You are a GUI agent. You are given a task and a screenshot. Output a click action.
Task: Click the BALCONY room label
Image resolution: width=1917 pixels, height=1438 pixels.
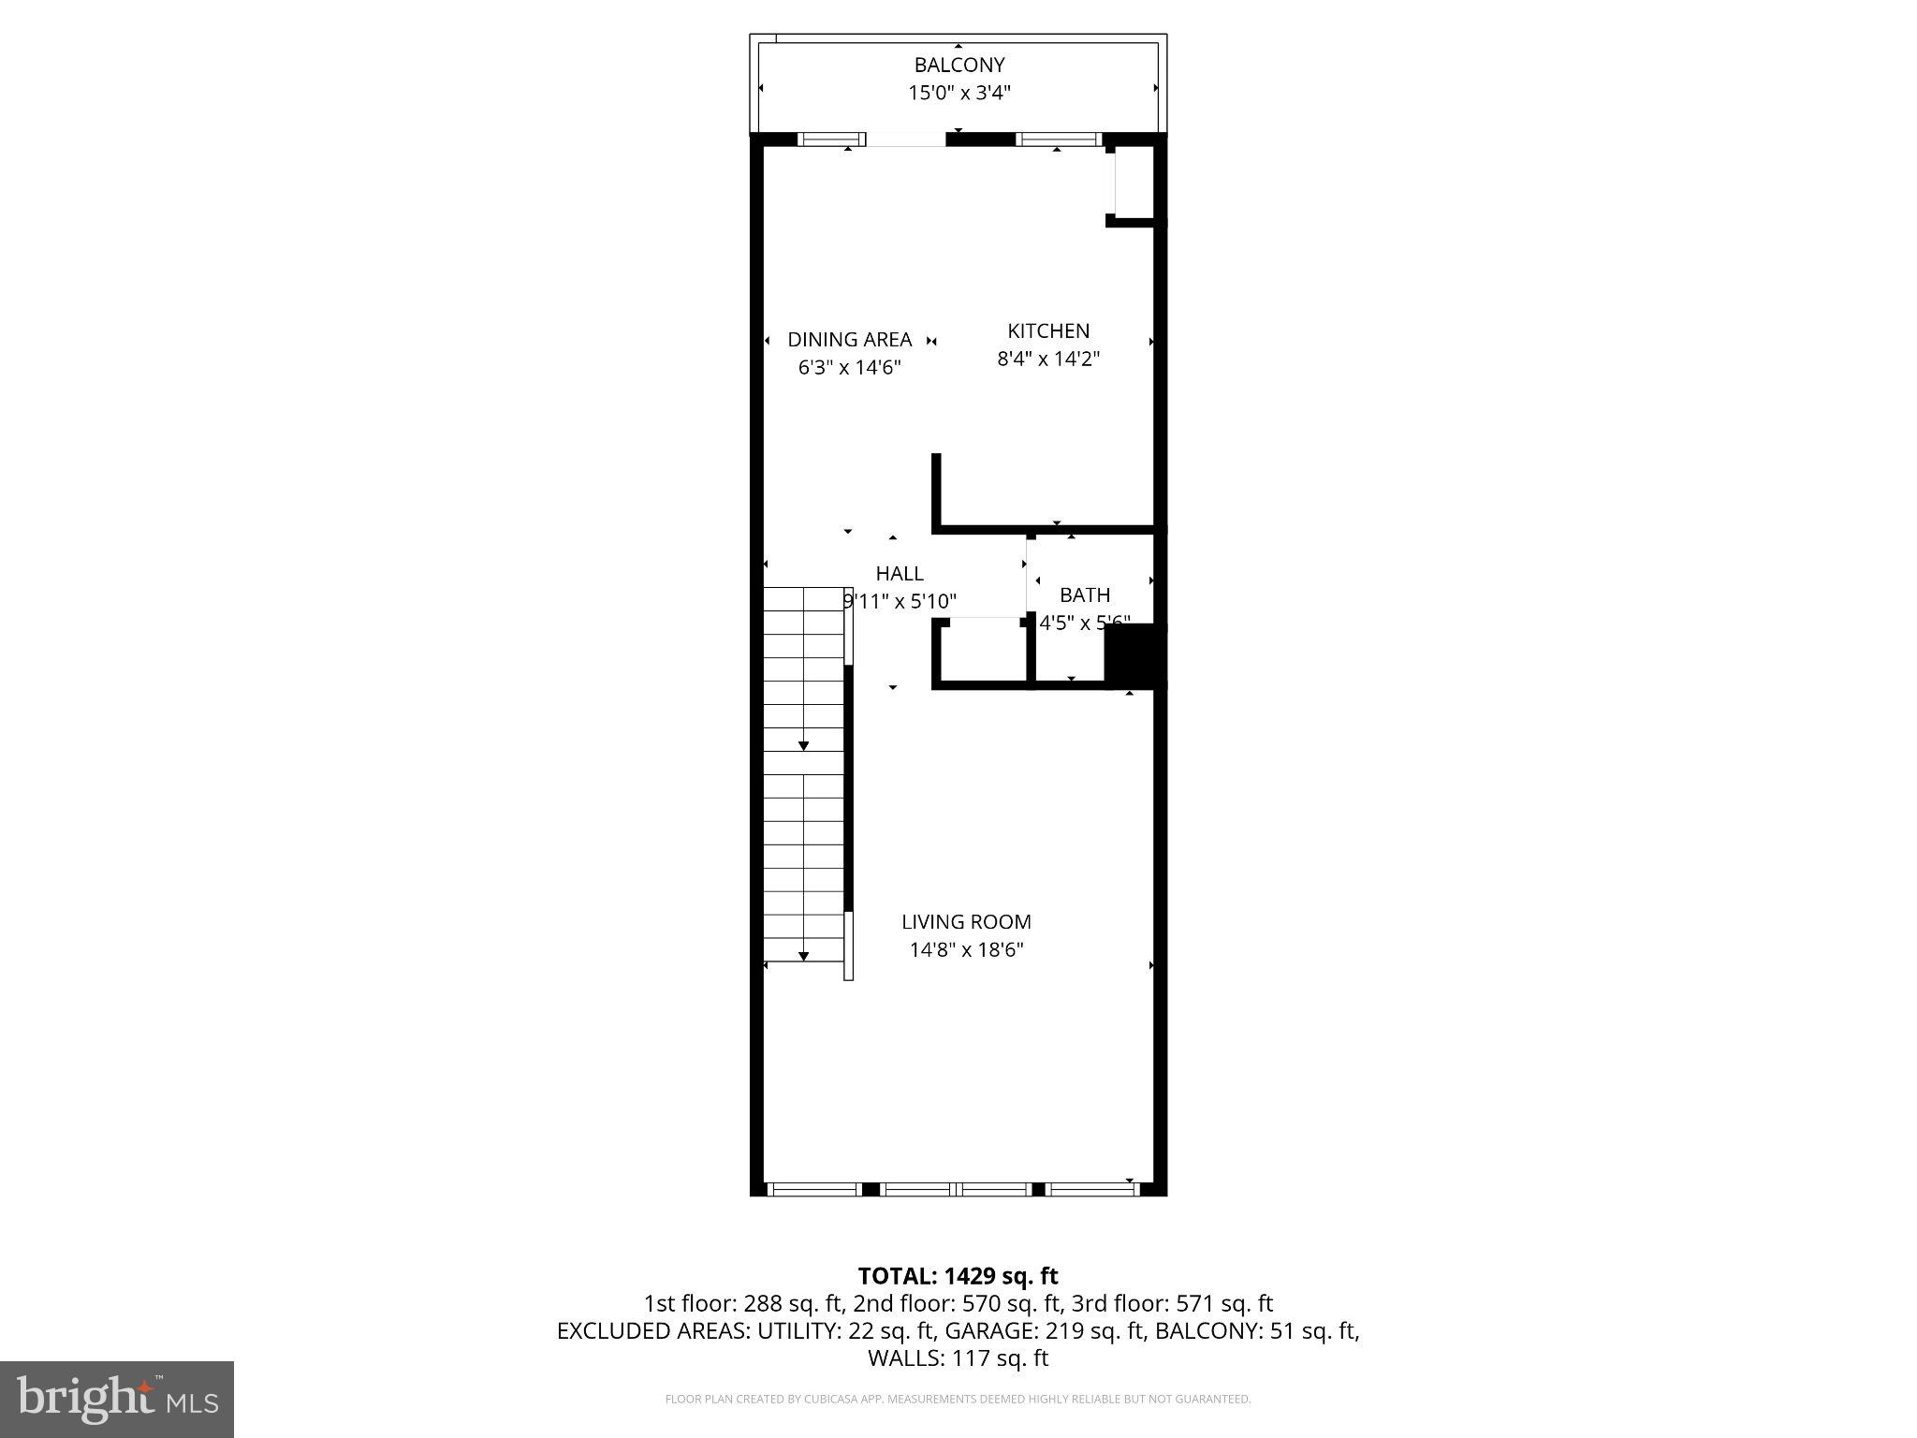958,65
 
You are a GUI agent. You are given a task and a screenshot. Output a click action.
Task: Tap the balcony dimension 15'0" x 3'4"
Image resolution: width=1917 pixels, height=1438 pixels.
958,93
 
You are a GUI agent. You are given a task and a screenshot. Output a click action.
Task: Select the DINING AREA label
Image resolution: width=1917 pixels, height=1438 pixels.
849,339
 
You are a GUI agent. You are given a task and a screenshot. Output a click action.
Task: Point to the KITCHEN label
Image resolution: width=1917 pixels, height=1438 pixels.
1047,330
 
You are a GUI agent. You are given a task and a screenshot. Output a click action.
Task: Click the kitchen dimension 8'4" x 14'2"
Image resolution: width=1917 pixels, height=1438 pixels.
1047,359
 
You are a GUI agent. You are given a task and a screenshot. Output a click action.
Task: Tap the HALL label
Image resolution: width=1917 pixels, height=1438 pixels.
899,573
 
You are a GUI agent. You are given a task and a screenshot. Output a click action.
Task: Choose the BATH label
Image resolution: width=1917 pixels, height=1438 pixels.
1084,594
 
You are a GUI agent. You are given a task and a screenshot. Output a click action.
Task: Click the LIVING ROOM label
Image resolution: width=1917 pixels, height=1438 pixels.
966,921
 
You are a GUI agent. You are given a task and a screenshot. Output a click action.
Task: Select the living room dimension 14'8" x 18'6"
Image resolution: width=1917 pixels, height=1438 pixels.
966,949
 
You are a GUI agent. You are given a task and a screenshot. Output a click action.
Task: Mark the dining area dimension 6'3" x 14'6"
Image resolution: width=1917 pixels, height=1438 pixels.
849,367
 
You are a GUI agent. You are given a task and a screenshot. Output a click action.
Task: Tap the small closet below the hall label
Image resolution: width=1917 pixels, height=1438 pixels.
983,653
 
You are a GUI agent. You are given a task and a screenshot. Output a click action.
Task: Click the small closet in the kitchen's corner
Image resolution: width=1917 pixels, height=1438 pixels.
1134,182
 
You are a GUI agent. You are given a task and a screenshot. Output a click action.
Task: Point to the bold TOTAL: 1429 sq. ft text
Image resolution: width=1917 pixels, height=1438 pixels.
958,1276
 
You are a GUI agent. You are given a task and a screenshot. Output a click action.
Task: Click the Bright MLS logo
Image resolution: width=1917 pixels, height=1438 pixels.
117,1399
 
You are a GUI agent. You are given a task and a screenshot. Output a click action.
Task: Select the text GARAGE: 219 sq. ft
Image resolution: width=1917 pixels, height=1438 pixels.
1045,1331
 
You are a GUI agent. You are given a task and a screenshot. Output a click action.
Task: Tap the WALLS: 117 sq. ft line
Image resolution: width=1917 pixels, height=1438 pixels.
958,1358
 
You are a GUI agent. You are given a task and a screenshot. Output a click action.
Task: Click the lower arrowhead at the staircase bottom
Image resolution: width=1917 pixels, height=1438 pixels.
803,956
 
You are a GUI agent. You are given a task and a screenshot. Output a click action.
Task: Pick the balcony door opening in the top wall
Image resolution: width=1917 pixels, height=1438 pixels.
905,140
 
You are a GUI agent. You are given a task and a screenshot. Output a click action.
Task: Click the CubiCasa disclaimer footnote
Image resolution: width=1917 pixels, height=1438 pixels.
958,1400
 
